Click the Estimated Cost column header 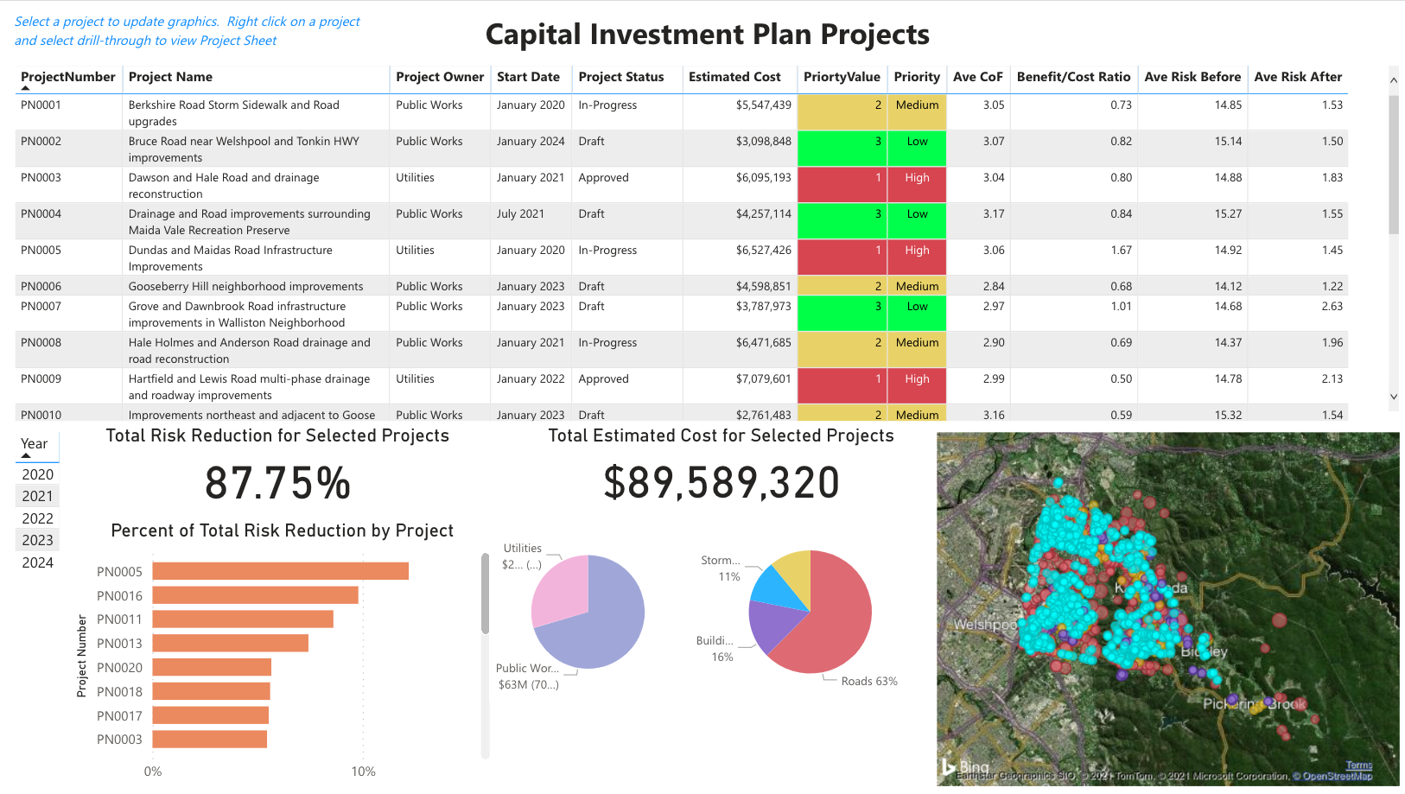click(x=734, y=77)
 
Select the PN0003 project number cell click(x=41, y=178)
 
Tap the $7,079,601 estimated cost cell click(x=763, y=379)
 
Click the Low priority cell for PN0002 click(x=917, y=142)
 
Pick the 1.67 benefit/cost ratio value click(x=1121, y=251)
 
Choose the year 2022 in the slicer click(x=38, y=518)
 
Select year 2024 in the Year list click(x=38, y=562)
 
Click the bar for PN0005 click(x=280, y=571)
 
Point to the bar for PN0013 click(x=230, y=643)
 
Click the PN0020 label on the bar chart click(x=119, y=668)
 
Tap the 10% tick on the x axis click(x=363, y=772)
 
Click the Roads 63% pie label click(x=868, y=682)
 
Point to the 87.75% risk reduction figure click(x=277, y=483)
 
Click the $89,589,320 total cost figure click(x=721, y=483)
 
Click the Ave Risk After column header click(x=1297, y=77)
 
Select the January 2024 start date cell click(x=530, y=142)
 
